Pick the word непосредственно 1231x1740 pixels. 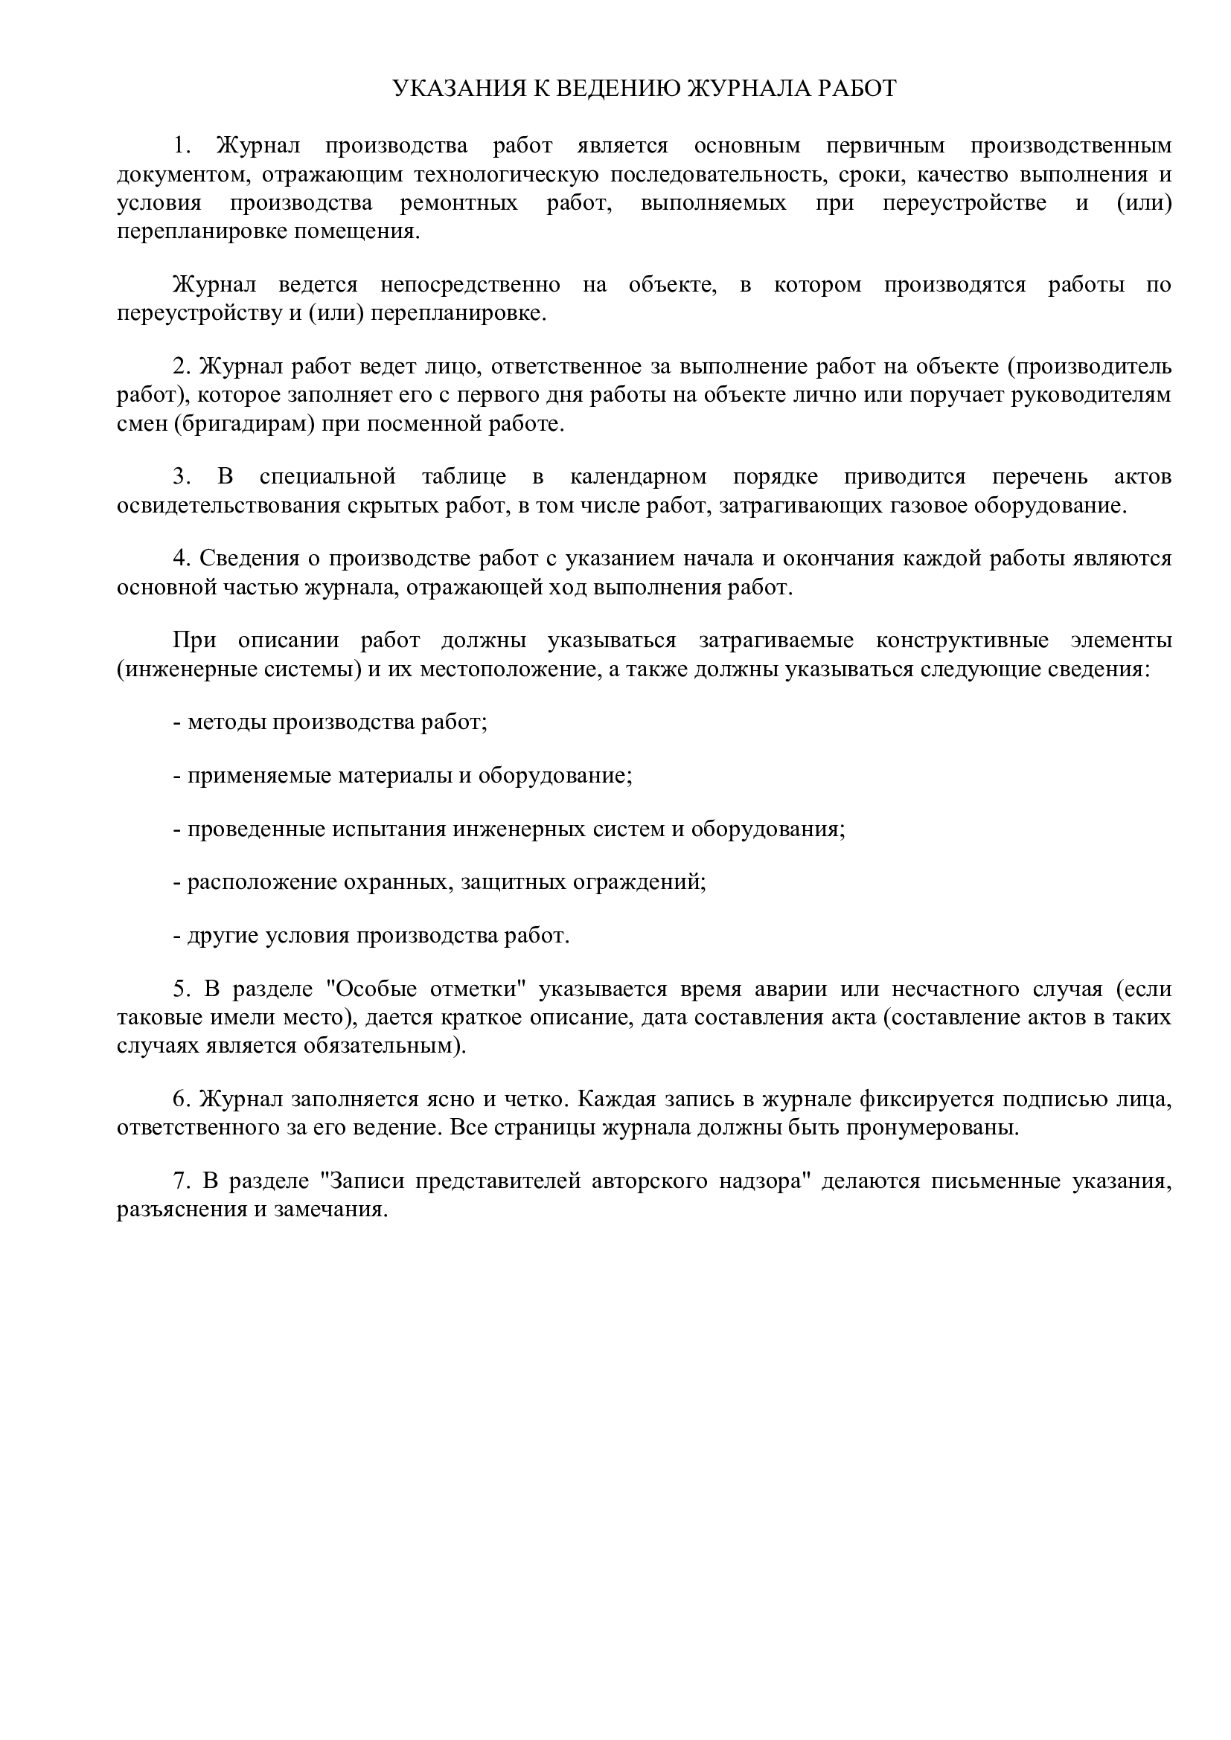(x=470, y=284)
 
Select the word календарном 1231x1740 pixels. (x=639, y=476)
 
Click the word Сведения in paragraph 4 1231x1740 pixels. (x=250, y=558)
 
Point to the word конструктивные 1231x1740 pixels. (x=962, y=640)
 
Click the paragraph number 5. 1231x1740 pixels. (x=180, y=988)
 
